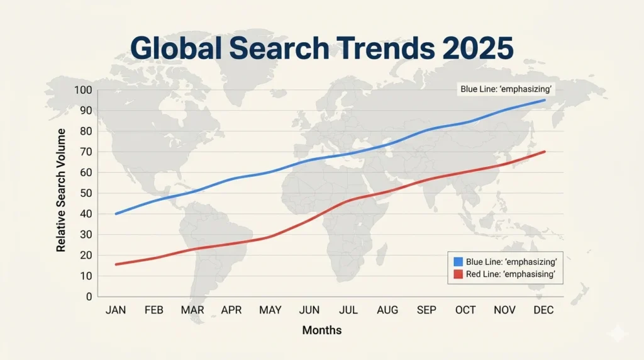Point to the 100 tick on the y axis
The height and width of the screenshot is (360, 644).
click(83, 90)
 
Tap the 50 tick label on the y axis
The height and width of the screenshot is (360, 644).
click(86, 193)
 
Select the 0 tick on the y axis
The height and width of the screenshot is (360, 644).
click(89, 296)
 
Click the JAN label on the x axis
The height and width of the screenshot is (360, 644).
click(116, 310)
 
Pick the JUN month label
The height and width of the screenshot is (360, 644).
click(309, 310)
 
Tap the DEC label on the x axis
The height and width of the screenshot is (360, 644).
click(543, 310)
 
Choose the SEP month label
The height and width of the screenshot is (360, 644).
click(426, 310)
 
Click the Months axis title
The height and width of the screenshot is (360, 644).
click(322, 330)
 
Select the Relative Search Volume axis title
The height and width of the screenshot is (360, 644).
click(61, 190)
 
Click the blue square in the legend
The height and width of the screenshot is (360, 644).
click(458, 262)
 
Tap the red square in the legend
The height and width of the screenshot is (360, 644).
click(458, 274)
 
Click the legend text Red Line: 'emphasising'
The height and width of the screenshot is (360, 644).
click(511, 274)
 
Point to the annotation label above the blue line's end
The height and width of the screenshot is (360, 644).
click(506, 89)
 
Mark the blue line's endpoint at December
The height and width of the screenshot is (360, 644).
click(545, 100)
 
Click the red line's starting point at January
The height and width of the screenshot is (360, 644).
click(116, 264)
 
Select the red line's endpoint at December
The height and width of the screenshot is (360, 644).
click(545, 152)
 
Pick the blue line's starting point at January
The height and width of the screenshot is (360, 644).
click(116, 214)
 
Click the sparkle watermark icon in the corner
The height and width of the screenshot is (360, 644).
click(618, 334)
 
